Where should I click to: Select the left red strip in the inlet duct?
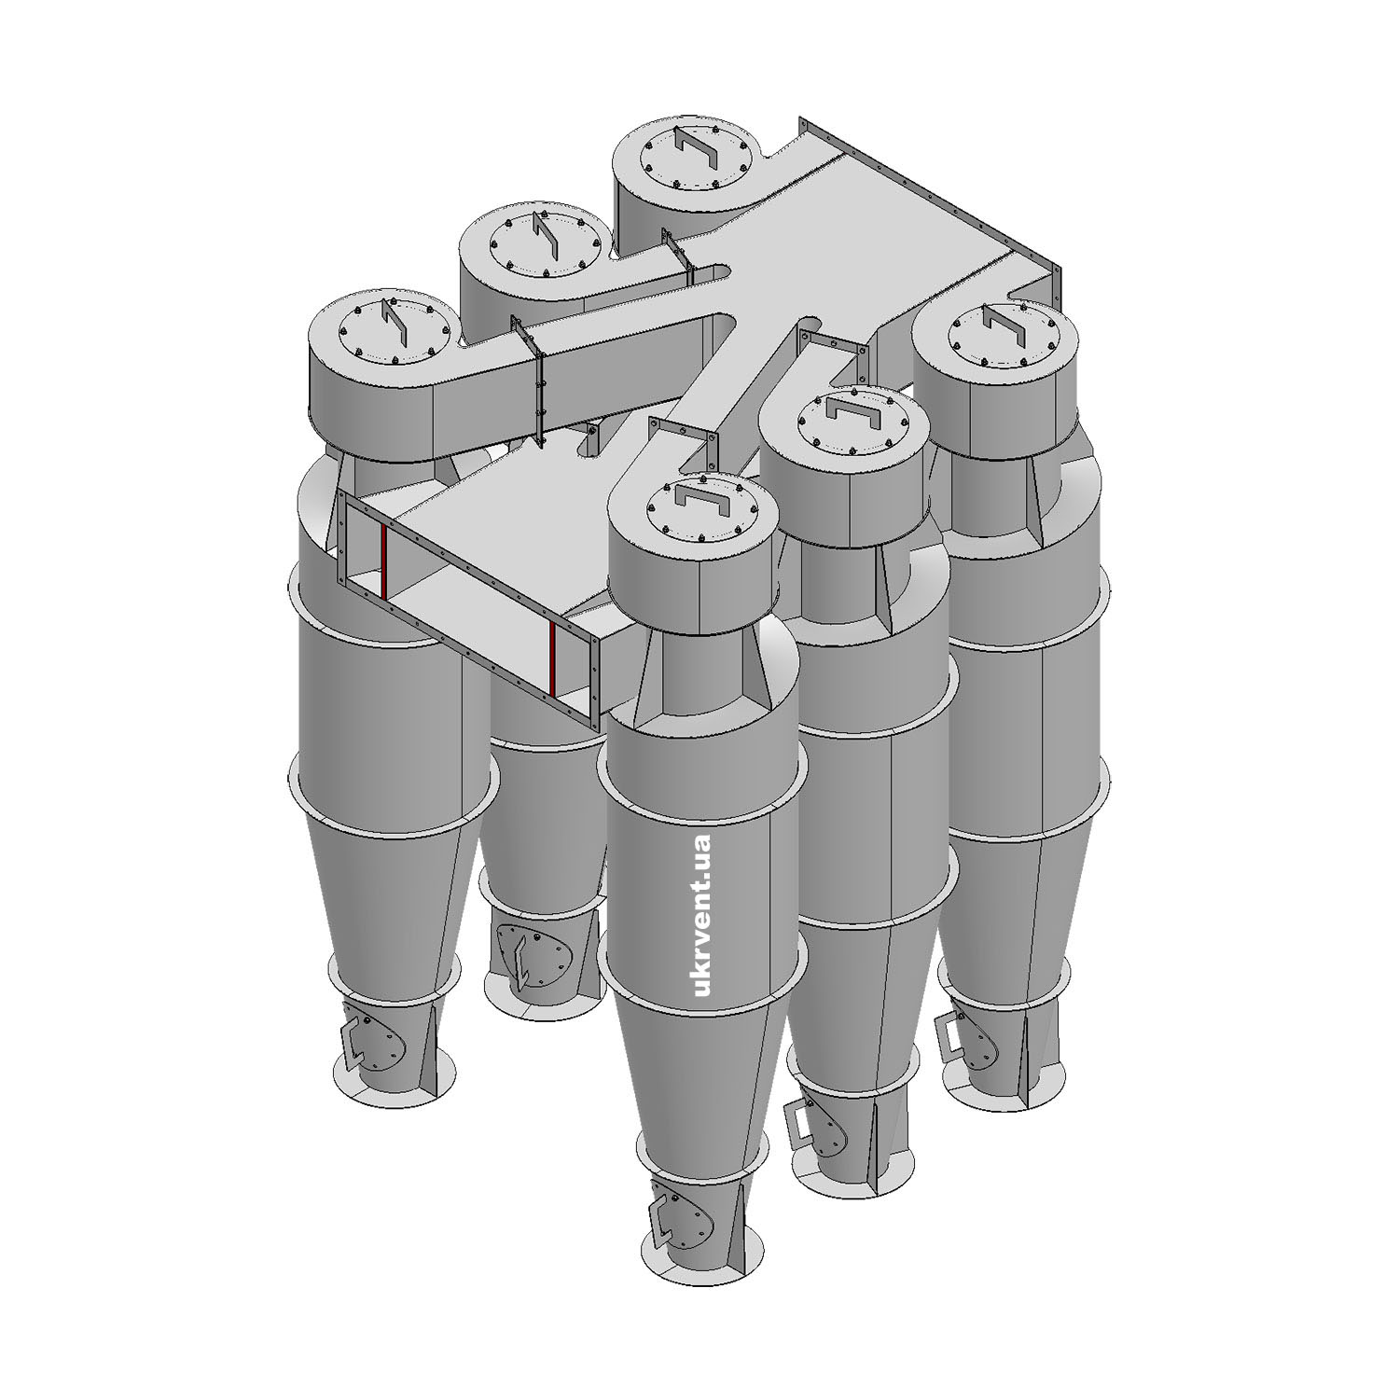(x=382, y=559)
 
